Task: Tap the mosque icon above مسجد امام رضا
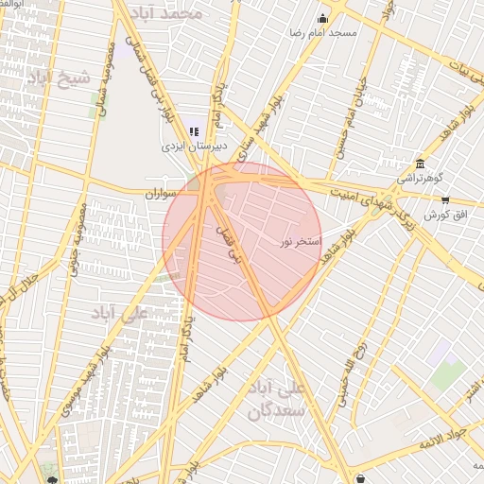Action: coord(322,18)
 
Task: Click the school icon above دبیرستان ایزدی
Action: coord(194,131)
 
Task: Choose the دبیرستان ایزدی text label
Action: coord(189,147)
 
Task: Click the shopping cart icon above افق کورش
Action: coord(445,199)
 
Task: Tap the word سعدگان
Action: coord(275,410)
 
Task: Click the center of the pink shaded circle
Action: coord(242,242)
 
